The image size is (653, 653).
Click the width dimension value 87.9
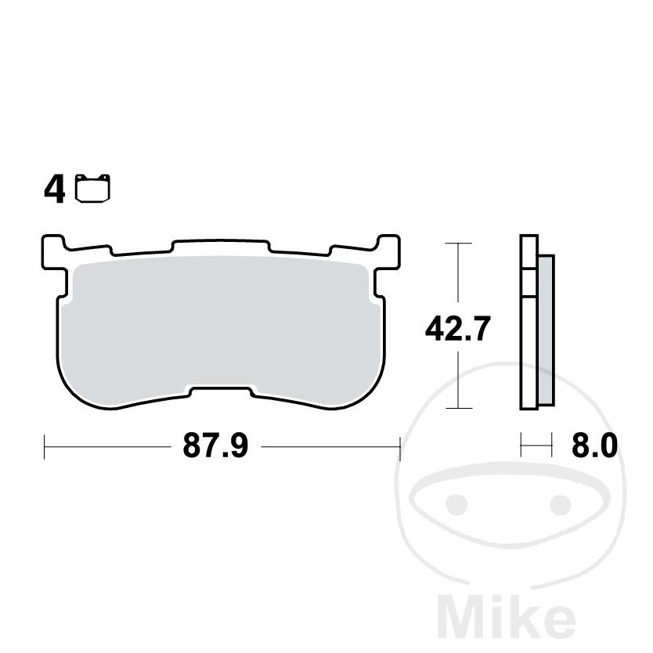point(215,446)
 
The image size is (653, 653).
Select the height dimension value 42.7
point(457,329)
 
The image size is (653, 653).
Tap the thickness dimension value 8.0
point(594,446)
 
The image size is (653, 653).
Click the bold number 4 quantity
point(55,190)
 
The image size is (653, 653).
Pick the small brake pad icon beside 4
point(92,188)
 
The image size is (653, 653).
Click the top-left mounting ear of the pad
point(54,251)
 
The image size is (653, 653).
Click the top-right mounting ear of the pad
point(388,251)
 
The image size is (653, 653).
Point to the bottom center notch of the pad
point(221,391)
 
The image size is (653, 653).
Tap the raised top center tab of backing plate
point(221,245)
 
